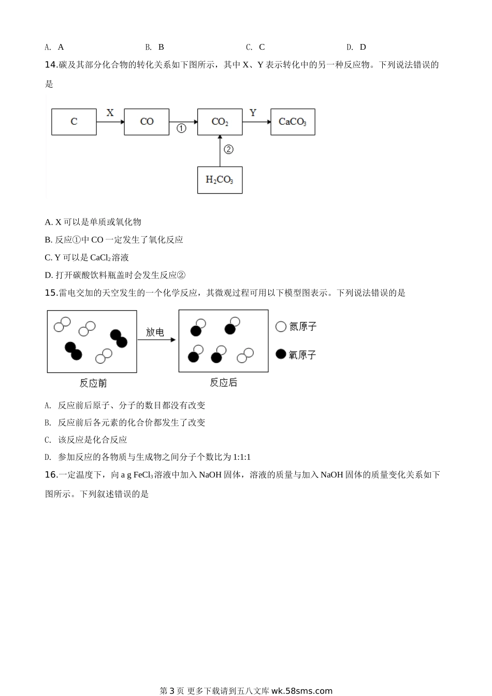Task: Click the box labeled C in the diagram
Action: tap(74, 122)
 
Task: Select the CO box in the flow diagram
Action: tap(147, 122)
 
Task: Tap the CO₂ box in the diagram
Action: tap(220, 122)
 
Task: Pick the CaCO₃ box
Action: tap(293, 122)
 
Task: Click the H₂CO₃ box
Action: tap(220, 180)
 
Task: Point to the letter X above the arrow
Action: tap(110, 112)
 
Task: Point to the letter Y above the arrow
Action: tap(253, 112)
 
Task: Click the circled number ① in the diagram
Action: tap(181, 128)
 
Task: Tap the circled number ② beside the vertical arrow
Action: tap(228, 149)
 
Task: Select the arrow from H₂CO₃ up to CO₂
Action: tap(220, 151)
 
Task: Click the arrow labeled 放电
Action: tap(156, 340)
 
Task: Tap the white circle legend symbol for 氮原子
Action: tap(281, 326)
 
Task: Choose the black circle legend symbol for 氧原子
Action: tap(281, 354)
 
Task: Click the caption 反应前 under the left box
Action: tap(93, 383)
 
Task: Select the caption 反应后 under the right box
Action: tap(223, 383)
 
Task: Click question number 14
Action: tap(51, 65)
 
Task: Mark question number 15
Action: tap(51, 293)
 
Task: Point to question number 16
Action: tap(51, 474)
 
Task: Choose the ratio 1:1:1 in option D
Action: tap(242, 457)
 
